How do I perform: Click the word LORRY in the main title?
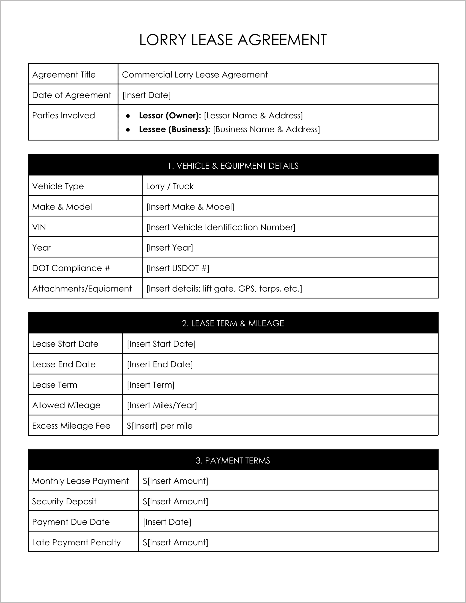[x=163, y=40]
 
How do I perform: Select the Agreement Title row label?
[x=64, y=75]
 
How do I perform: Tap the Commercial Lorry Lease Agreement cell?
[x=195, y=75]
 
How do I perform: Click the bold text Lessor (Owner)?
[x=170, y=115]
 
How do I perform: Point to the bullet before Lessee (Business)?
[x=128, y=130]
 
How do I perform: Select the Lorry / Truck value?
[x=170, y=186]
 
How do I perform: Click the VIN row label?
[x=39, y=227]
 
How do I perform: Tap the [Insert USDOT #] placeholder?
[x=178, y=268]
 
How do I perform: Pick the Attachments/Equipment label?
[x=82, y=289]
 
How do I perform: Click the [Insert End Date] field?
[x=160, y=364]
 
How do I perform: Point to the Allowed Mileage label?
[x=66, y=405]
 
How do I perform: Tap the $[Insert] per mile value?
[x=160, y=426]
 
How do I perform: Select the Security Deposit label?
[x=64, y=501]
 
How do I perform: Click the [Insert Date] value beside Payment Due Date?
[x=167, y=522]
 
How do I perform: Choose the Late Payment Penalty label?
[x=76, y=542]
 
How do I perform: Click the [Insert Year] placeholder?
[x=169, y=248]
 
